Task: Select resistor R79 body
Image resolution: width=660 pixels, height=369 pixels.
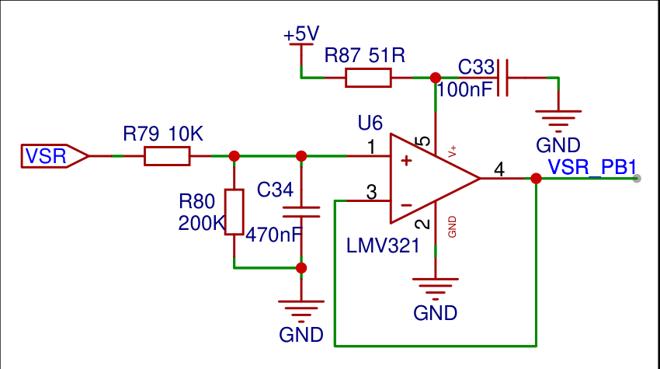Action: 167,156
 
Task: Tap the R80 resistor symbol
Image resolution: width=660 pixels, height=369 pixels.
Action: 234,211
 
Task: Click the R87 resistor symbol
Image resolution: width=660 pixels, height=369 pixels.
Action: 367,78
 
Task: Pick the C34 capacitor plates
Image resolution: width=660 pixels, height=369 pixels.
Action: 301,211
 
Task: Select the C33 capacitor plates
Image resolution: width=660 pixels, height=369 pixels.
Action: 502,78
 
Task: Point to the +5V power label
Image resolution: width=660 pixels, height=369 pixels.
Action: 301,35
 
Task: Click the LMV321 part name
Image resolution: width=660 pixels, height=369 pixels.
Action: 383,247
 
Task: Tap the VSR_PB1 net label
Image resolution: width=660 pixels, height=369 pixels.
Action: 592,167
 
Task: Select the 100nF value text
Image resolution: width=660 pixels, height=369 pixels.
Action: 465,89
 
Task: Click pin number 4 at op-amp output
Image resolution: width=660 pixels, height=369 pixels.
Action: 499,169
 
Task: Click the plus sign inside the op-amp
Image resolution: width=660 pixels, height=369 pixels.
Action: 405,161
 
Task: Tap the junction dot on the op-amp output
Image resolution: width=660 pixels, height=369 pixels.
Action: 536,179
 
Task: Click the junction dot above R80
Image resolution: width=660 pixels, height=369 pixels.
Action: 234,156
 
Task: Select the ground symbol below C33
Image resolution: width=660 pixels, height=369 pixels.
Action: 558,117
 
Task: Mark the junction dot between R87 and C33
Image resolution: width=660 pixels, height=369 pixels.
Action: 435,78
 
